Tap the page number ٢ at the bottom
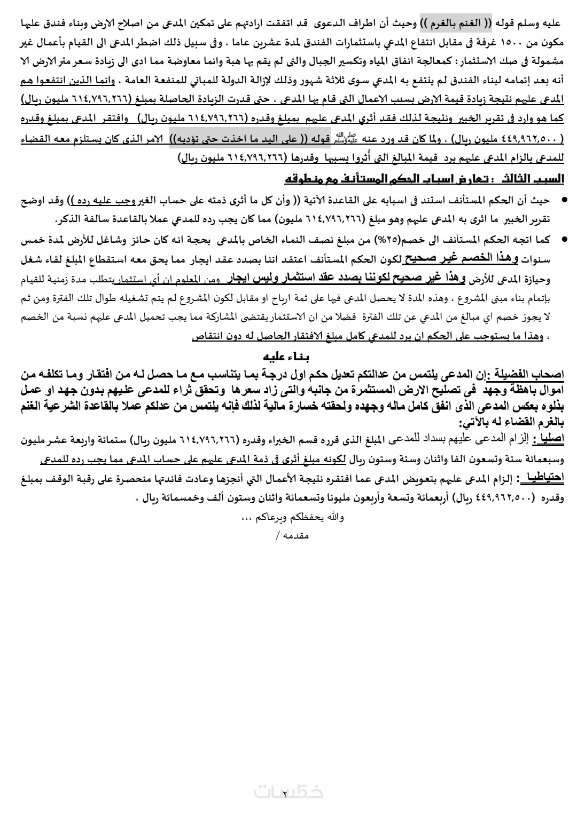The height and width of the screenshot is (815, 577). [x=285, y=794]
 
